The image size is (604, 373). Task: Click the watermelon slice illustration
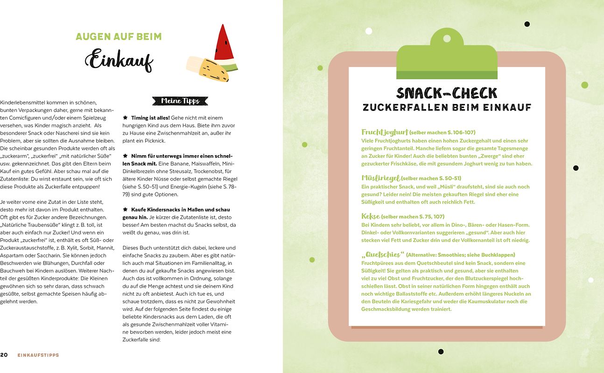224,44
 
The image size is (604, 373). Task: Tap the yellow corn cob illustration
208,69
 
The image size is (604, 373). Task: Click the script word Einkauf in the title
119,60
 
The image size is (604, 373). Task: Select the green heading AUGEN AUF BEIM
119,36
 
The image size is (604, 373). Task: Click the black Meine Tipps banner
180,101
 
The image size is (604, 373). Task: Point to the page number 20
4,355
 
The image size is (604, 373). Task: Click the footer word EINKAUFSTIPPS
38,355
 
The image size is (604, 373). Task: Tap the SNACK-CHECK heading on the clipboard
447,92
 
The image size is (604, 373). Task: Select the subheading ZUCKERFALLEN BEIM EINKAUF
447,107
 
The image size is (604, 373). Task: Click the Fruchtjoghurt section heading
385,132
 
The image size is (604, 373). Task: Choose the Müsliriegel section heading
381,178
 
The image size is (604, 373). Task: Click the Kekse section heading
371,216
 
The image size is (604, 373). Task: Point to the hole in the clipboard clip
447,38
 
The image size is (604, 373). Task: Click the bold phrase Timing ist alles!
150,118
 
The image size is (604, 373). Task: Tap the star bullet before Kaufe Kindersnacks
125,210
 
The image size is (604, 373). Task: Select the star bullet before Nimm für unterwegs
125,156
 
